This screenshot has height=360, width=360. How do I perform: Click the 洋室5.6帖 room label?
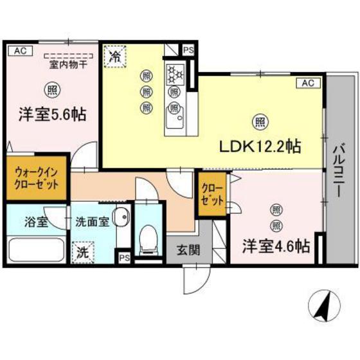pyautogui.click(x=53, y=115)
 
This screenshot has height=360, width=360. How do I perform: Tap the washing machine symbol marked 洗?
pyautogui.click(x=82, y=251)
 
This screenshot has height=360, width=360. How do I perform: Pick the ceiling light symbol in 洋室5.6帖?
pyautogui.click(x=51, y=90)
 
